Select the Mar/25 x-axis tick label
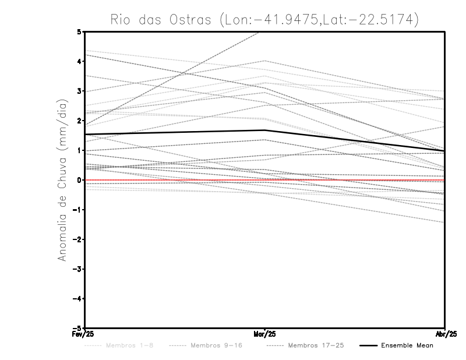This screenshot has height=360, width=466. (265, 334)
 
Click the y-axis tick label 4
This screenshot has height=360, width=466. (79, 61)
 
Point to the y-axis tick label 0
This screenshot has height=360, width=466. (79, 180)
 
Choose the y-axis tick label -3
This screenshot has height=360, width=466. (77, 269)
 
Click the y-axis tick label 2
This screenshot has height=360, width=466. (79, 121)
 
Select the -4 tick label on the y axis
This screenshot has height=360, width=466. (77, 298)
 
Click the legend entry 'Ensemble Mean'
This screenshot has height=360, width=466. (407, 346)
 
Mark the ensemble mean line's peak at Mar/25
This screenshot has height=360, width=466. (265, 130)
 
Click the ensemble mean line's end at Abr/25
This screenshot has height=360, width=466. (444, 151)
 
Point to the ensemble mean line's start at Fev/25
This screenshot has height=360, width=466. (86, 135)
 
